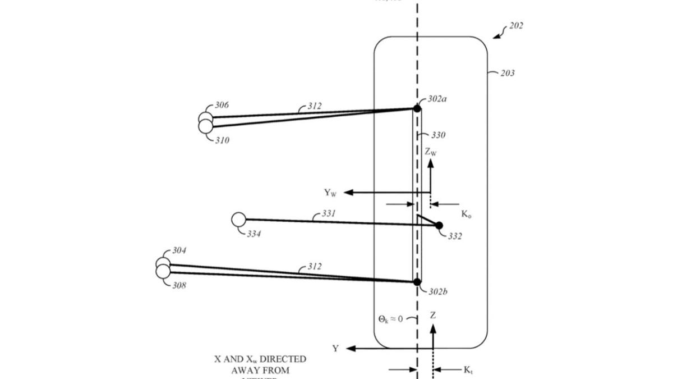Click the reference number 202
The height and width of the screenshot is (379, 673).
[x=516, y=26]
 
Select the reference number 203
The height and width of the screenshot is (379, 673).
[x=507, y=73]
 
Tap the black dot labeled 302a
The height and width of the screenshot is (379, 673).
[x=417, y=108]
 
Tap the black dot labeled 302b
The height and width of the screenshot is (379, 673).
[x=417, y=281]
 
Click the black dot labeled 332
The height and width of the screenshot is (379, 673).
[x=439, y=226]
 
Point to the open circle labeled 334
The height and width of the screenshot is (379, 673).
[x=238, y=220]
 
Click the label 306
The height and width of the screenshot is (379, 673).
[x=222, y=105]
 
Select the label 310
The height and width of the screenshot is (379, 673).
[x=222, y=140]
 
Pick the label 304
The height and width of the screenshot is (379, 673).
[x=179, y=250]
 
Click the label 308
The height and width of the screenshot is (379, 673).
[x=179, y=286]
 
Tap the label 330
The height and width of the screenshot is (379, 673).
[x=438, y=135]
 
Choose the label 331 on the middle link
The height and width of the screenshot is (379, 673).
[x=329, y=214]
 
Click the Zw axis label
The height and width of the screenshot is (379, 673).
[x=430, y=152]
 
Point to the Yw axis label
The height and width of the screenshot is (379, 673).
[x=330, y=193]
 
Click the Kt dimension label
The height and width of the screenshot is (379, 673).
[x=468, y=369]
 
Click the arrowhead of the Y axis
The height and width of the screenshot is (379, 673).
[x=351, y=349]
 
